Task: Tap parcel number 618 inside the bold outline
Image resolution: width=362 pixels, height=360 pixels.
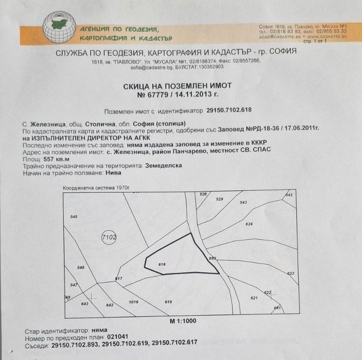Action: coord(162,265)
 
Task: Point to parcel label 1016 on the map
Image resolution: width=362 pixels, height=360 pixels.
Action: coord(134,301)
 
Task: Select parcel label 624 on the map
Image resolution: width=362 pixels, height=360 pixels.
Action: coord(249,225)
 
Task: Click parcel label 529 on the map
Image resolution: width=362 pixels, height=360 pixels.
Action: coord(219,199)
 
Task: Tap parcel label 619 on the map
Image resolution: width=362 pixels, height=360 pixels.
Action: coord(168,301)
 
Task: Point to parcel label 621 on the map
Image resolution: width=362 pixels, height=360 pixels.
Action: coord(253,298)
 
